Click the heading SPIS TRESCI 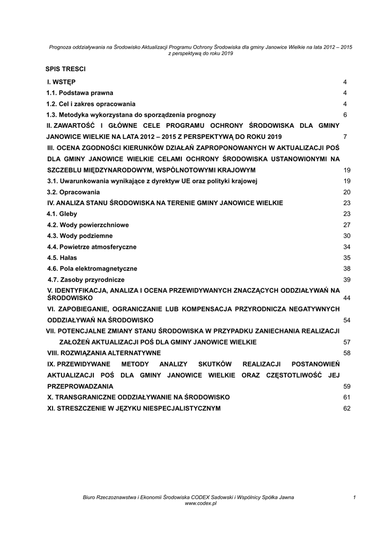point(65,69)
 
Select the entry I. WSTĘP point(61,82)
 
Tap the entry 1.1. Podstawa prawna point(80,93)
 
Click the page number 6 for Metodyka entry point(345,115)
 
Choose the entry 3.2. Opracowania point(73,192)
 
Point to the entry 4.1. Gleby point(62,214)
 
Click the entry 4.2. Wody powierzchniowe point(88,225)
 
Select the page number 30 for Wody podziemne point(347,236)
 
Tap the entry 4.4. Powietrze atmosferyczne point(91,247)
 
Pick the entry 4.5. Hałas point(62,258)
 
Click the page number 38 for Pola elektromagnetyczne point(347,269)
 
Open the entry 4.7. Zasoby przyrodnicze point(86,279)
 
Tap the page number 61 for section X point(347,397)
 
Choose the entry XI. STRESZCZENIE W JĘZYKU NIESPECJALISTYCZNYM point(134,408)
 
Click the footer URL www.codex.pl point(200,503)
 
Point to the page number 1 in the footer point(353,497)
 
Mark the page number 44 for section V point(347,299)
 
